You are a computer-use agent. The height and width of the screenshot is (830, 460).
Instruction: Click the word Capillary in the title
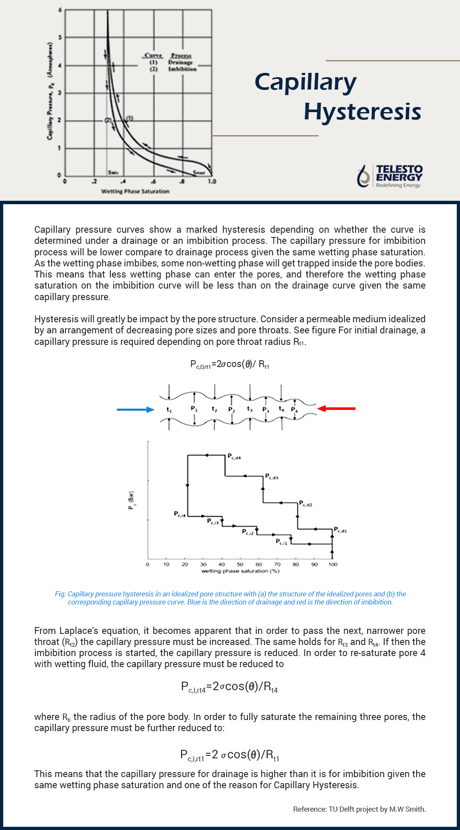(305, 82)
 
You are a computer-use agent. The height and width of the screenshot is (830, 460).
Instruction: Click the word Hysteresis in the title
(362, 112)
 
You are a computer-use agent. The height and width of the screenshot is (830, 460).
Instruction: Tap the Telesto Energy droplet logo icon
(363, 176)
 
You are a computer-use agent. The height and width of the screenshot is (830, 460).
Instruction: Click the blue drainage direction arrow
(135, 409)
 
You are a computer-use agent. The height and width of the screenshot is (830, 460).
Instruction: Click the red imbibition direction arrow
(336, 408)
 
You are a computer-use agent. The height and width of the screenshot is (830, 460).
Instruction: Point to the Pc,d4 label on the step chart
(234, 457)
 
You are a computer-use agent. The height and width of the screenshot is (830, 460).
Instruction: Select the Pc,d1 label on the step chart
(340, 530)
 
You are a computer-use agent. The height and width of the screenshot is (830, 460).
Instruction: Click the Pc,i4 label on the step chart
(180, 514)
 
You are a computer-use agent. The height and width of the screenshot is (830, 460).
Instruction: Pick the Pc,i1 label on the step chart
(282, 542)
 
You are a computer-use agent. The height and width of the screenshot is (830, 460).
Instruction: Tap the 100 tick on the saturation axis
(333, 564)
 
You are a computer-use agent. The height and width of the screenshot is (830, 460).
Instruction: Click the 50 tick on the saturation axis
(240, 564)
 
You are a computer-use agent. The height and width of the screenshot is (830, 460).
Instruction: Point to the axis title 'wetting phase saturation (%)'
(240, 571)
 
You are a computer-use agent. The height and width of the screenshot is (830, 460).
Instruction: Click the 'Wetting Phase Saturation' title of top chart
(135, 191)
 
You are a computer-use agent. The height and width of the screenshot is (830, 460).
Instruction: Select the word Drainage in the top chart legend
(180, 62)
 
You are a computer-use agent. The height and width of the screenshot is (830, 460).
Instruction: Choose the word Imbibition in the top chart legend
(182, 69)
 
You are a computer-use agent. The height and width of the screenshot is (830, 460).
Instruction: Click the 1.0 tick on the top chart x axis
(212, 181)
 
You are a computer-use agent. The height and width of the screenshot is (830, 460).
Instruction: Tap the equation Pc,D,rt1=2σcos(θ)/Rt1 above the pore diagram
(230, 364)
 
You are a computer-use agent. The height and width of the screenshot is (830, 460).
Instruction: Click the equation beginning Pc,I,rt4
(229, 687)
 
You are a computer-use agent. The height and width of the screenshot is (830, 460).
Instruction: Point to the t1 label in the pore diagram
(169, 410)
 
